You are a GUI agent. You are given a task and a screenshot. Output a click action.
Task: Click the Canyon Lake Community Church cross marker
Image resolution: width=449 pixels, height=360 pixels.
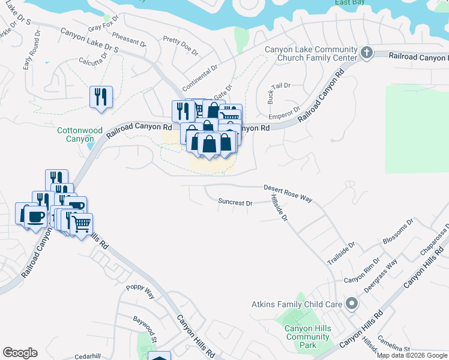click(x=367, y=53)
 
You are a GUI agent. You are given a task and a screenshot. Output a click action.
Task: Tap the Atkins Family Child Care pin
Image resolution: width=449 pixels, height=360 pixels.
click(x=351, y=304)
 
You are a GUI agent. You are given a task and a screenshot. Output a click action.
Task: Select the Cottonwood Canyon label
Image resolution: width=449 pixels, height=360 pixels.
click(x=80, y=134)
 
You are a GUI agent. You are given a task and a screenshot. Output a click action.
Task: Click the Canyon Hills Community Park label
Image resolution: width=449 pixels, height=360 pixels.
click(x=307, y=337)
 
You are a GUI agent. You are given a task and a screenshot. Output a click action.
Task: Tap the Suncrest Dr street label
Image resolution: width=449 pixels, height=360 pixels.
click(x=235, y=203)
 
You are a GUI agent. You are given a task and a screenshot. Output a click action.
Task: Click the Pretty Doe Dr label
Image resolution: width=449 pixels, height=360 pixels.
click(x=180, y=46)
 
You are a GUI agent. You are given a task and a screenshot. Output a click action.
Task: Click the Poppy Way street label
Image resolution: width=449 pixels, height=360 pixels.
click(x=140, y=292)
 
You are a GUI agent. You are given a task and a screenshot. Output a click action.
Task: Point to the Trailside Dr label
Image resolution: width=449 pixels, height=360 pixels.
click(x=341, y=253)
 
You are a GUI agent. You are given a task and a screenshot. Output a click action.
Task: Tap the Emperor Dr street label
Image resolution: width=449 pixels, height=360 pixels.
click(x=284, y=113)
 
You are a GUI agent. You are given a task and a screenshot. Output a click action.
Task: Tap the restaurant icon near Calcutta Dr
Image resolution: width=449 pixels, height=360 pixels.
click(x=100, y=97)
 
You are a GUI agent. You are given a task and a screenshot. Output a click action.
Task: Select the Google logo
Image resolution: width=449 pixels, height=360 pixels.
click(x=20, y=353)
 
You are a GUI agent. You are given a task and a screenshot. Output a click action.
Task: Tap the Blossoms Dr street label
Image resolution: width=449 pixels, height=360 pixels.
click(x=398, y=232)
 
